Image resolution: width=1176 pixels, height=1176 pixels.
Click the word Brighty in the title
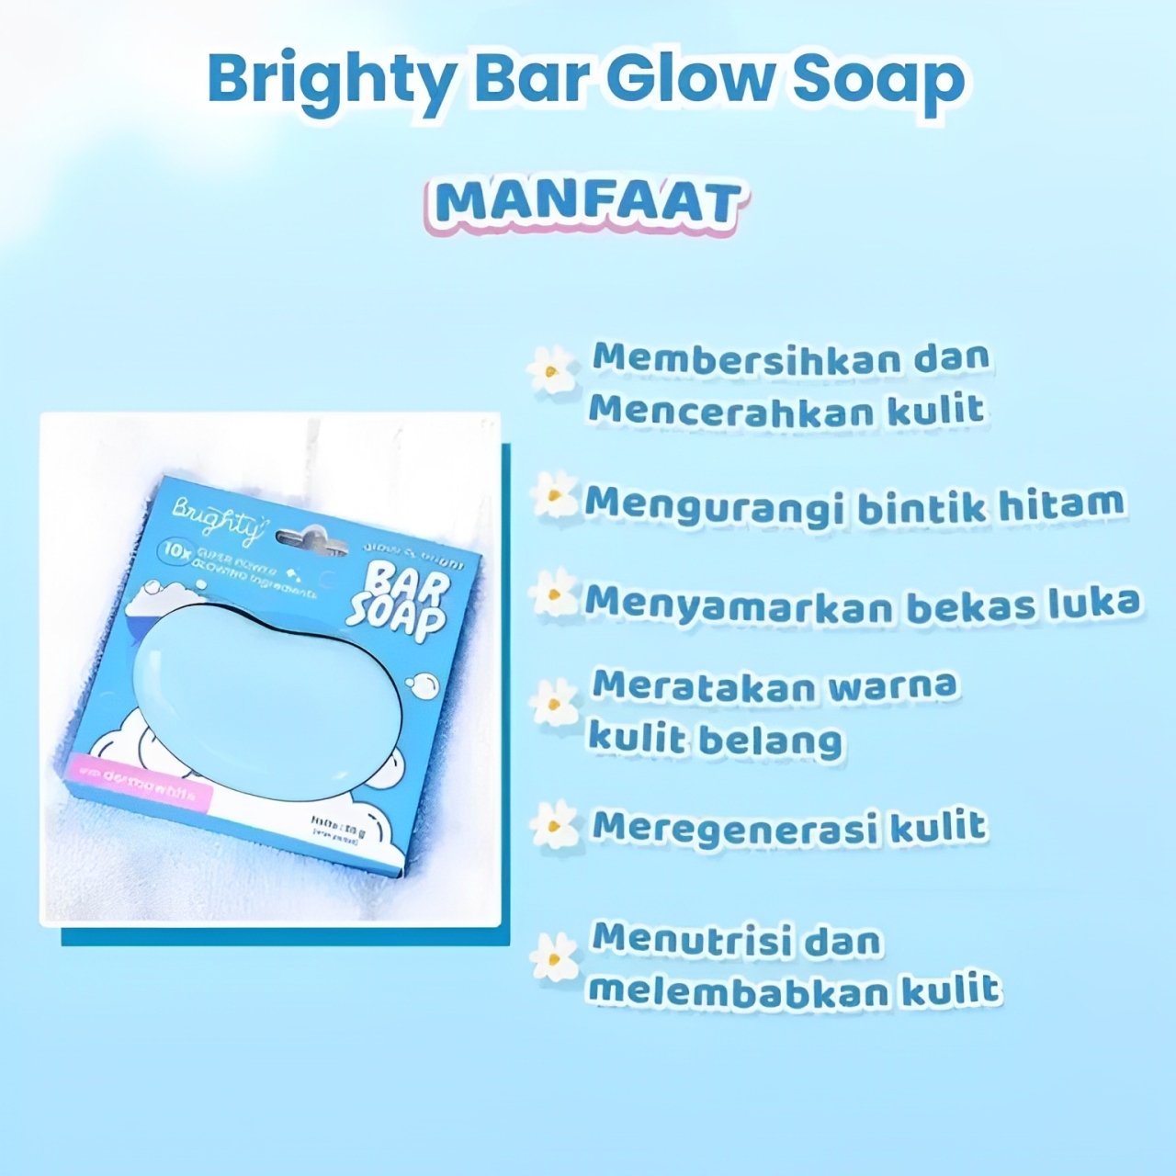point(326,81)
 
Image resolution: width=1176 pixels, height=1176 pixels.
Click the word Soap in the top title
point(877,81)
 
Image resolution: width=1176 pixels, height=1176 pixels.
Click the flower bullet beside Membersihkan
point(551,369)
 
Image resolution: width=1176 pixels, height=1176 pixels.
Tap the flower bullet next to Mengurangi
point(554,495)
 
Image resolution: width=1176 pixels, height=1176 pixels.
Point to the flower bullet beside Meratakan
point(554,704)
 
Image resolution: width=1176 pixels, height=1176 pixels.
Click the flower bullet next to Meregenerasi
point(556,824)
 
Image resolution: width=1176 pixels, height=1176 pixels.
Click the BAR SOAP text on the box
point(399,601)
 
